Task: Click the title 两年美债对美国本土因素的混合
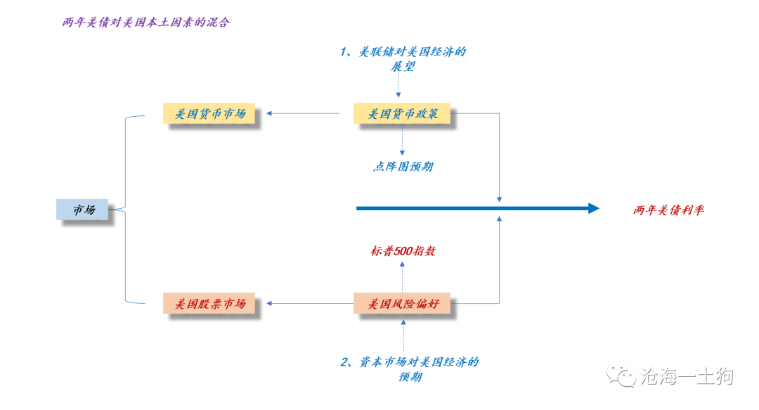[x=145, y=22]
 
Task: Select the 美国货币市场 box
[x=209, y=113]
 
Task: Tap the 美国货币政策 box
[x=403, y=113]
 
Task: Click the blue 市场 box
[x=82, y=209]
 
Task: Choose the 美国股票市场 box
[x=209, y=304]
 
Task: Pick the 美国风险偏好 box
[x=403, y=304]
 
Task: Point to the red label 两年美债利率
[x=668, y=210]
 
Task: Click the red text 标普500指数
[x=403, y=250]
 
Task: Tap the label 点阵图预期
[x=403, y=167]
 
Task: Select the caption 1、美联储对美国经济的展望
[x=403, y=59]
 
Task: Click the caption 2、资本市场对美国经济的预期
[x=410, y=369]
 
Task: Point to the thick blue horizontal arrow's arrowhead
[x=592, y=208]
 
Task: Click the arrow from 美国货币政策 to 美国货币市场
[x=304, y=113]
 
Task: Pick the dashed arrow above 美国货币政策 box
[x=398, y=87]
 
